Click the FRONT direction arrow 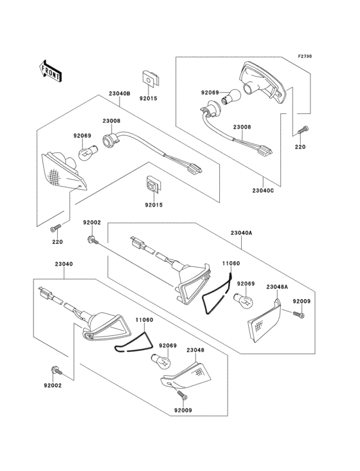click(50, 71)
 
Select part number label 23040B click(120, 93)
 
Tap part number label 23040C click(263, 190)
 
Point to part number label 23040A click(242, 233)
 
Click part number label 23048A click(277, 287)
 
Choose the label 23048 click(195, 350)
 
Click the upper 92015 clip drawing click(150, 78)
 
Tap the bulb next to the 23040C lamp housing click(231, 97)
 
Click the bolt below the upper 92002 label click(92, 239)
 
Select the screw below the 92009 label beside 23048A click(298, 313)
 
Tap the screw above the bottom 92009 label click(183, 395)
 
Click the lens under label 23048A click(264, 321)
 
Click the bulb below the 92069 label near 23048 click(160, 362)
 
